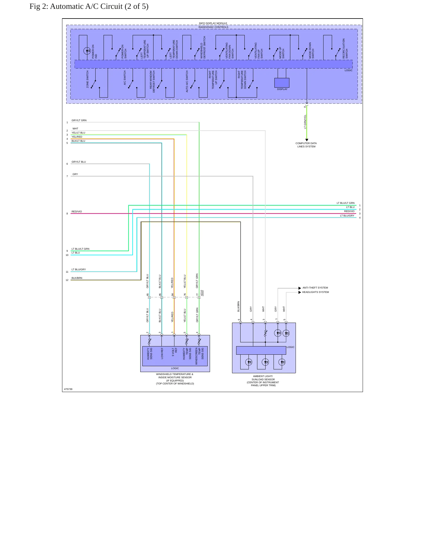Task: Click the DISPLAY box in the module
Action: coord(282,83)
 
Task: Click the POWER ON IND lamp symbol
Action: coord(87,51)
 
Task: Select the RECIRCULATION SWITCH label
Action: coord(345,49)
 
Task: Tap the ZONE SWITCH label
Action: coord(87,79)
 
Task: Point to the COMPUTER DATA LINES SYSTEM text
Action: coord(306,145)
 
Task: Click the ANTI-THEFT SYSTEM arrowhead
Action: coord(300,288)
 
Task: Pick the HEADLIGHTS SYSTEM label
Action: coord(315,292)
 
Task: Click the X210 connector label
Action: coord(202,293)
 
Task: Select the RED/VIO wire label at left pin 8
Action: coord(77,211)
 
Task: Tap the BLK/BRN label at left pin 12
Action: coord(77,278)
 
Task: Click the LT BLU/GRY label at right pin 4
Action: coord(347,216)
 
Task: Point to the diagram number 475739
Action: coord(68,389)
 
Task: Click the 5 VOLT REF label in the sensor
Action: coord(174,352)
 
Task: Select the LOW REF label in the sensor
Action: coord(162,353)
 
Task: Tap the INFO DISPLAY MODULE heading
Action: coord(213,23)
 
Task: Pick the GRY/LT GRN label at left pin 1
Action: coord(79,120)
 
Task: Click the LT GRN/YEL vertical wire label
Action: coord(305,122)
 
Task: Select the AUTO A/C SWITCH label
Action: coord(187,81)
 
